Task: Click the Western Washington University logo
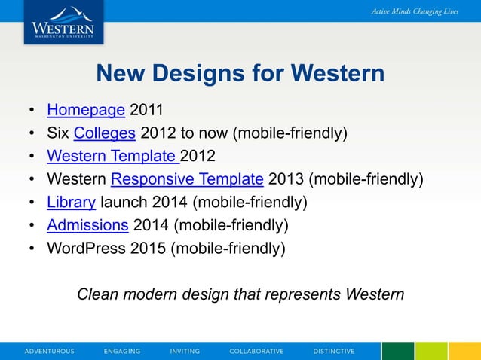coord(63,23)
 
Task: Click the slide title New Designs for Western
coord(240,73)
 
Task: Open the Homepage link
coord(86,111)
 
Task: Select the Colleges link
coord(105,133)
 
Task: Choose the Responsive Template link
coord(187,179)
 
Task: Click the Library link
coord(71,202)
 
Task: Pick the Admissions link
coord(87,224)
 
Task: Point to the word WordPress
coord(86,248)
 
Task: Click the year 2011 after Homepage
coord(146,111)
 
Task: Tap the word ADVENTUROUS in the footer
coord(50,352)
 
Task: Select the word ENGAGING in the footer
coord(122,352)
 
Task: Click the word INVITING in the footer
coord(185,352)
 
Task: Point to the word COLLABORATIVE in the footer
coord(256,352)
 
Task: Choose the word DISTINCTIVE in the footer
coord(334,352)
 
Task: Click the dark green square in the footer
coord(398,351)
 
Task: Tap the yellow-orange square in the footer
coord(465,351)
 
